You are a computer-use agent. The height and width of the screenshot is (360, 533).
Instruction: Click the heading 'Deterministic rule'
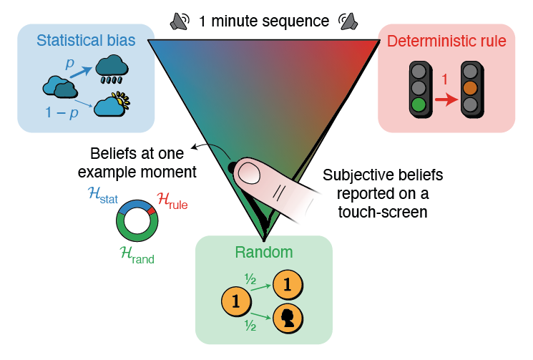point(447,42)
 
